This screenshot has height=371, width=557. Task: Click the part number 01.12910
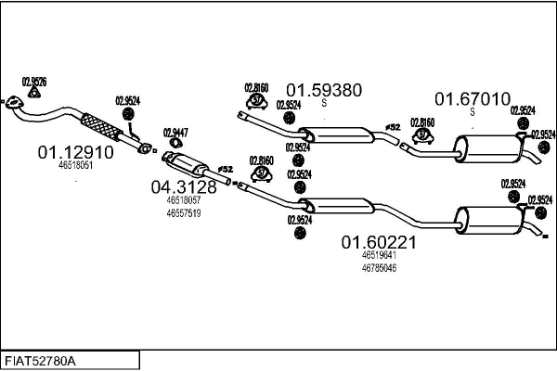point(75,150)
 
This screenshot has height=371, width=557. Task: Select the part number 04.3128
point(184,186)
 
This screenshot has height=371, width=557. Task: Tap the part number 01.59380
point(323,91)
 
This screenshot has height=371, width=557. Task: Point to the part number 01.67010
point(473,98)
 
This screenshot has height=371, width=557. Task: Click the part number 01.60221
point(378,243)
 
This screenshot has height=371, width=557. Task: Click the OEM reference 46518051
point(75,165)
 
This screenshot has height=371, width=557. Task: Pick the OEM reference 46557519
point(184,212)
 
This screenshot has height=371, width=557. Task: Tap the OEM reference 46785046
point(379,268)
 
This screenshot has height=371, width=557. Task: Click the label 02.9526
point(34,80)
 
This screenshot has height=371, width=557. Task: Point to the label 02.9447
point(175,133)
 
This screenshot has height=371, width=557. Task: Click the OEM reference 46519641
point(379,256)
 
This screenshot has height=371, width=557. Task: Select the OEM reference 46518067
point(184,200)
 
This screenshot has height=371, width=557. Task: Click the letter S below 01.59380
point(323,103)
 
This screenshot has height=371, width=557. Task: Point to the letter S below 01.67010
point(473,112)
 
